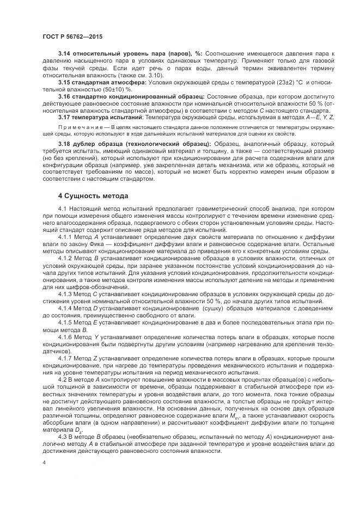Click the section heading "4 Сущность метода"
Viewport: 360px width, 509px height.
[93, 195]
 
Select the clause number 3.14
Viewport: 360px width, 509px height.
[65, 53]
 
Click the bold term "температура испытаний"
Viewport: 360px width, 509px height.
[108, 117]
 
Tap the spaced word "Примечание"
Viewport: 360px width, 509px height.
[80, 127]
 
